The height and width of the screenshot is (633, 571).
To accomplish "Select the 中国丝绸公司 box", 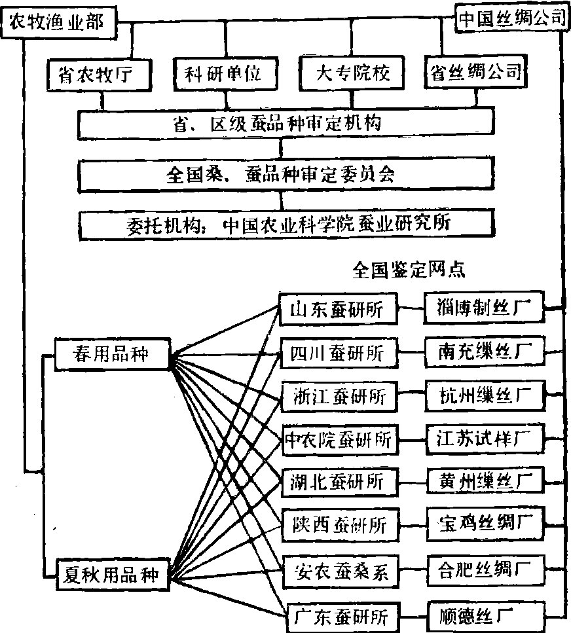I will [511, 18].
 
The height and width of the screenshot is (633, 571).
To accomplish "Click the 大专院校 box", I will [353, 73].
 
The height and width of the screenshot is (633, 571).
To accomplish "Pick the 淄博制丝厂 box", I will [484, 307].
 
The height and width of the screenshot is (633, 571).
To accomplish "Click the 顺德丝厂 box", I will [484, 615].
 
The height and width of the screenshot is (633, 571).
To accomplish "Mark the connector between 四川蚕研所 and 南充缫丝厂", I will [411, 353].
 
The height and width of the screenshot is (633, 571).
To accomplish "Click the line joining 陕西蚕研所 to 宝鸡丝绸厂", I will [411, 525].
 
